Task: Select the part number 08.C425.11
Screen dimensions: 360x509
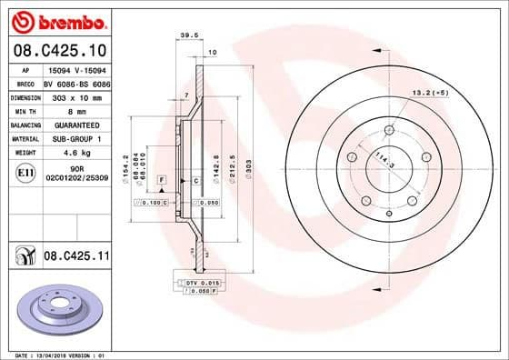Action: [76, 257]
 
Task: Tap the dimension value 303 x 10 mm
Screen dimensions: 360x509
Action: [72, 95]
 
